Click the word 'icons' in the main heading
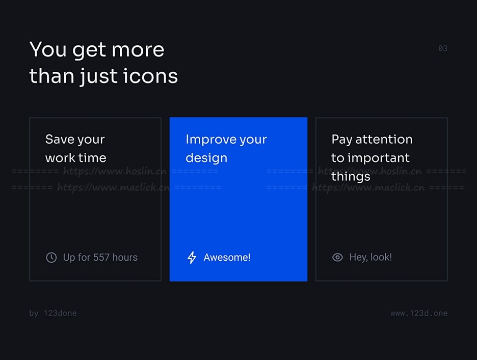[150, 76]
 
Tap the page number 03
[443, 48]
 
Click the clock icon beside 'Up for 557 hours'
[51, 258]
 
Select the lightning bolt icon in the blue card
[192, 258]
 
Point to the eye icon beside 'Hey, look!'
[337, 258]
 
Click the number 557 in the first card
[101, 258]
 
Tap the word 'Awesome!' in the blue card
[227, 258]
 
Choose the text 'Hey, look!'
[370, 258]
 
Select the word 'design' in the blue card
[206, 158]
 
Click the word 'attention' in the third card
[384, 140]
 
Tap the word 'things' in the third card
[351, 177]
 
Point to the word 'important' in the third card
[379, 158]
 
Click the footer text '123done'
[60, 313]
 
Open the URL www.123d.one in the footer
[419, 313]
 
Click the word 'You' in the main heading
[48, 49]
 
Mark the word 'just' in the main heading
[98, 76]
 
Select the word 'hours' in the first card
[125, 258]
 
